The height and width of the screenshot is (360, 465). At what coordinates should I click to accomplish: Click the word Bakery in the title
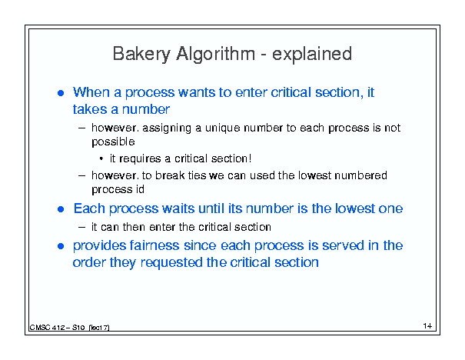141,55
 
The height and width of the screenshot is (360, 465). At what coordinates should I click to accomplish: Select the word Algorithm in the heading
215,55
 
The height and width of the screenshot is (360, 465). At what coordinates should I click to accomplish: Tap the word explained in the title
312,55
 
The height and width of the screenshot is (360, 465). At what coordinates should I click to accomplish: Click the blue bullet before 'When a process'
61,93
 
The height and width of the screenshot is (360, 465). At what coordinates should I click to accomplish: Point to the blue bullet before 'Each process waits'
61,209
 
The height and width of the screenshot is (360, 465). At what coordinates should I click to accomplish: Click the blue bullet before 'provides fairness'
61,246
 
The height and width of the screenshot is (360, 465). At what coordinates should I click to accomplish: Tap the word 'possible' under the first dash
113,142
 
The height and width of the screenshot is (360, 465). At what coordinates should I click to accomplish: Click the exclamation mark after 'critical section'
250,158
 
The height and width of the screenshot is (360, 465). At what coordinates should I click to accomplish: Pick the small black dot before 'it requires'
101,159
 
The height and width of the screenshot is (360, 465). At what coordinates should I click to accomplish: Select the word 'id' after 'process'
140,189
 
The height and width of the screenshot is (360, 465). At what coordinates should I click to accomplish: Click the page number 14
427,326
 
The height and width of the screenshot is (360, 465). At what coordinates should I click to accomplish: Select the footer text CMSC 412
47,328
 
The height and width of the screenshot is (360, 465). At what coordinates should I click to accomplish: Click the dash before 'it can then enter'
81,228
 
